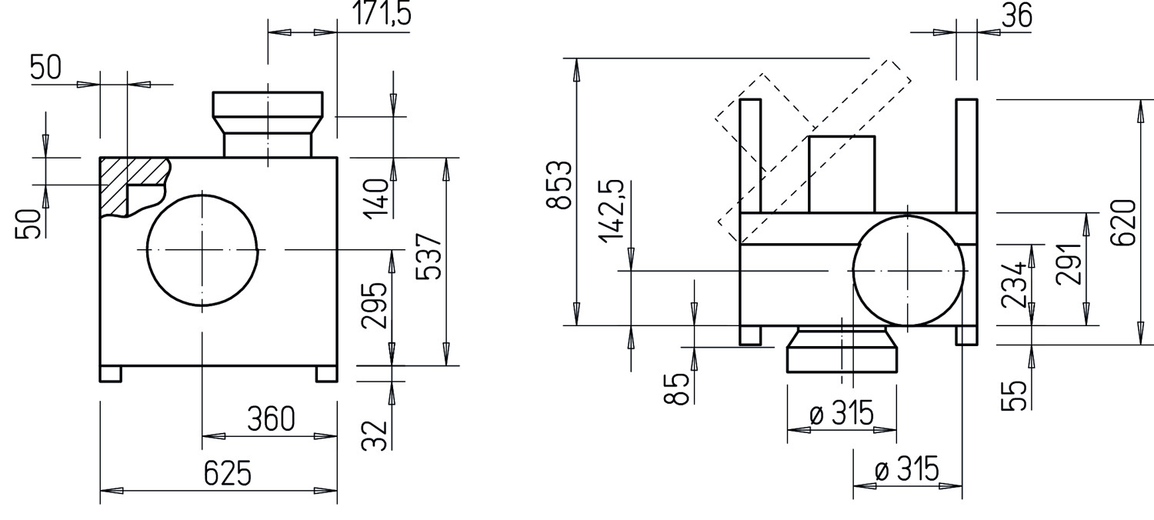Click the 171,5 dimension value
point(382,12)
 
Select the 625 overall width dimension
point(228,472)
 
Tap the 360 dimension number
point(271,418)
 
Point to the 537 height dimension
point(429,257)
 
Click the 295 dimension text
point(374,305)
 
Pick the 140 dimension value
point(377,198)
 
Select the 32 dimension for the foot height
point(374,435)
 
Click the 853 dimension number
point(559,185)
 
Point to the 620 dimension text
point(1122,222)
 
